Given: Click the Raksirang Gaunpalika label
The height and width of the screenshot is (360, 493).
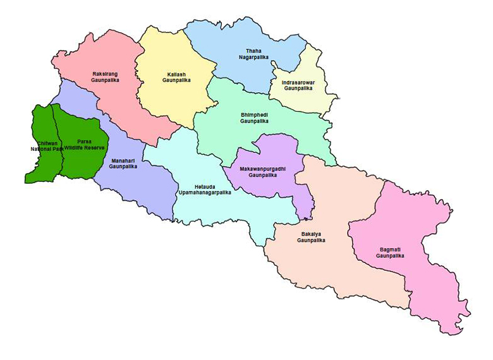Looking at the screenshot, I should tap(105, 77).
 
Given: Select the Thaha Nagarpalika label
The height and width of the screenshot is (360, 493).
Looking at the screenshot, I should tap(253, 54).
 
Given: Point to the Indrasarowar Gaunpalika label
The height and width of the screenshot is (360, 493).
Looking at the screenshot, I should tap(298, 85).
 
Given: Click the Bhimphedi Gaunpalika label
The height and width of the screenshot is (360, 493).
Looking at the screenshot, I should tap(254, 117).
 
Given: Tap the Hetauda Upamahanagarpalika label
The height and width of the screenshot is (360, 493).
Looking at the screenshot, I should tap(205, 189).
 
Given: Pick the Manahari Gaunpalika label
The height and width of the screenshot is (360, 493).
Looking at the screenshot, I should tap(123, 164).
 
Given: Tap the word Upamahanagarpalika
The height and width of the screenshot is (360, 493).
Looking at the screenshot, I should tap(205, 192).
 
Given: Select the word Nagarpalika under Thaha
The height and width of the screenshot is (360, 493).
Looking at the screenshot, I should tap(253, 57).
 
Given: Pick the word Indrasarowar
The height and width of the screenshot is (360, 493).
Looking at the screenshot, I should tap(298, 82).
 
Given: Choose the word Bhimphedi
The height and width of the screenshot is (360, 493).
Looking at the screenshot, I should tap(254, 114).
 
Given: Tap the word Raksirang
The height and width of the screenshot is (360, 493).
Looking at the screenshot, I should tap(105, 74).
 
